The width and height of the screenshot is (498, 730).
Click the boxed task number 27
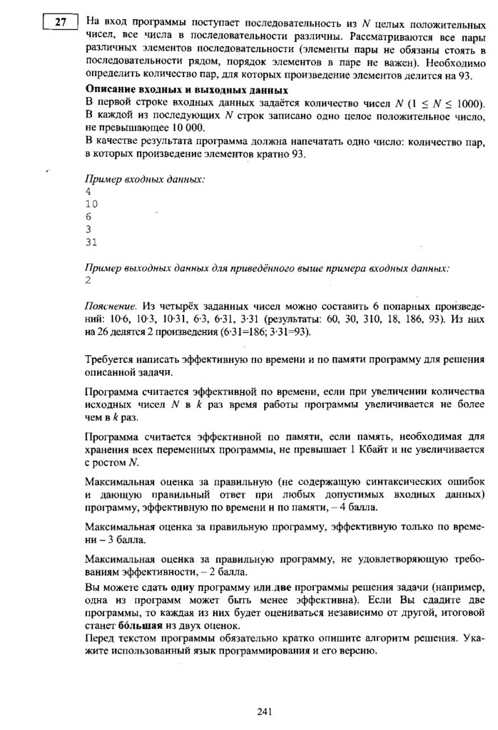[59, 22]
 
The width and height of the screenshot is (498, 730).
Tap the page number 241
[265, 710]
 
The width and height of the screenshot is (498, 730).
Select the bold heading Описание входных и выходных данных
[186, 89]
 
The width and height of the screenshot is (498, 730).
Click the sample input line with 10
[91, 204]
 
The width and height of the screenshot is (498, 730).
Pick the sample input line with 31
[91, 242]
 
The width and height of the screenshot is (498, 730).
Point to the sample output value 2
[88, 280]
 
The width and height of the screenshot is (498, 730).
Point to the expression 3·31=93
[288, 331]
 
